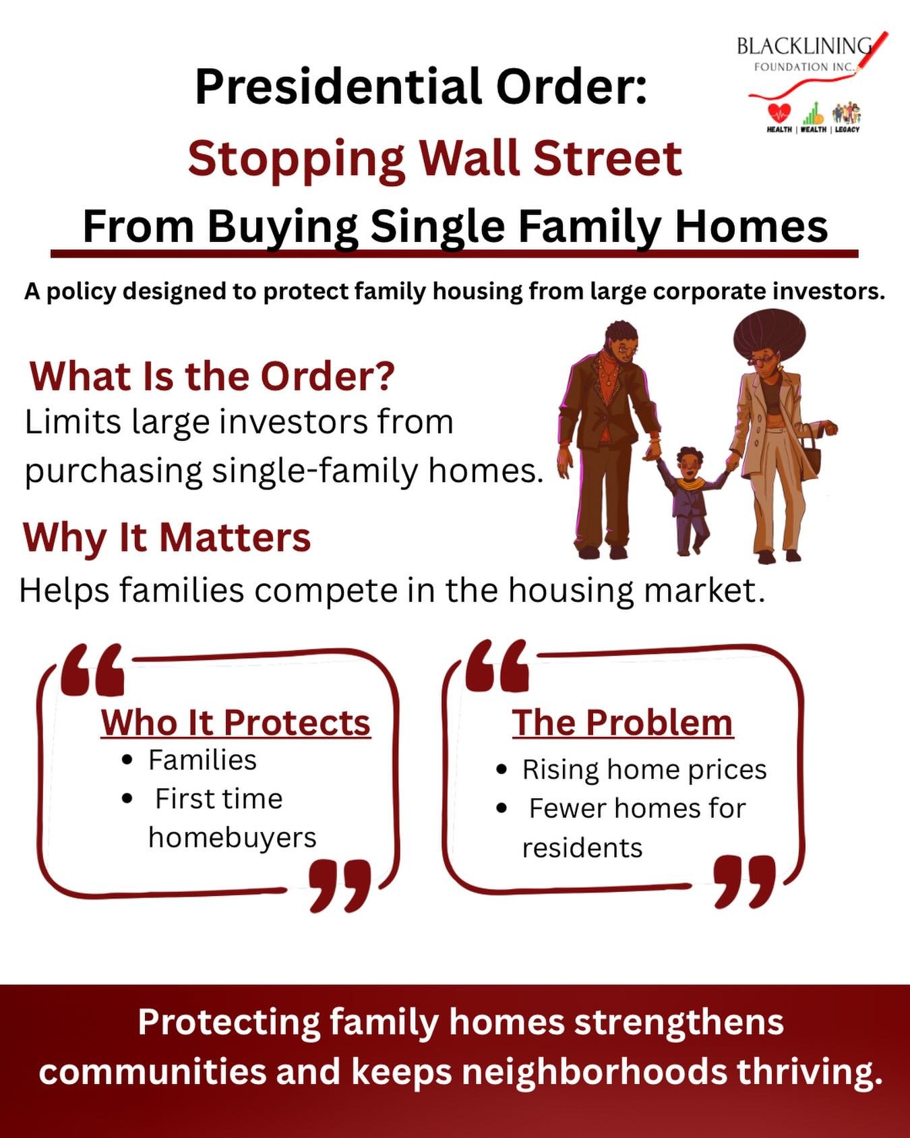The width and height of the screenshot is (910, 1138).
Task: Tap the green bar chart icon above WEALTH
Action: [814, 113]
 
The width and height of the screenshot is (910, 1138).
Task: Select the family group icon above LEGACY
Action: [847, 113]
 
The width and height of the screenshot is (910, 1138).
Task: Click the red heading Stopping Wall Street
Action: [435, 158]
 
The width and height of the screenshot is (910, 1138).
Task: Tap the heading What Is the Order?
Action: [212, 376]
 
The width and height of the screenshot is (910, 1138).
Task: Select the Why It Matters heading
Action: [166, 537]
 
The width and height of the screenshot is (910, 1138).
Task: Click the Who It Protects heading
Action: [236, 723]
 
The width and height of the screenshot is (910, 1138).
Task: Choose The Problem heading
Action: [622, 723]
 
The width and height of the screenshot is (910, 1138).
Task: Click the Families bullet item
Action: [202, 760]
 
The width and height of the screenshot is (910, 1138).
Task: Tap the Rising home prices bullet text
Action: [644, 770]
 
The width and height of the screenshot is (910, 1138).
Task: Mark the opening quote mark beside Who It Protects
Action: [92, 670]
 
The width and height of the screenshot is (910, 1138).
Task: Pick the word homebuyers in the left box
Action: [232, 838]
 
